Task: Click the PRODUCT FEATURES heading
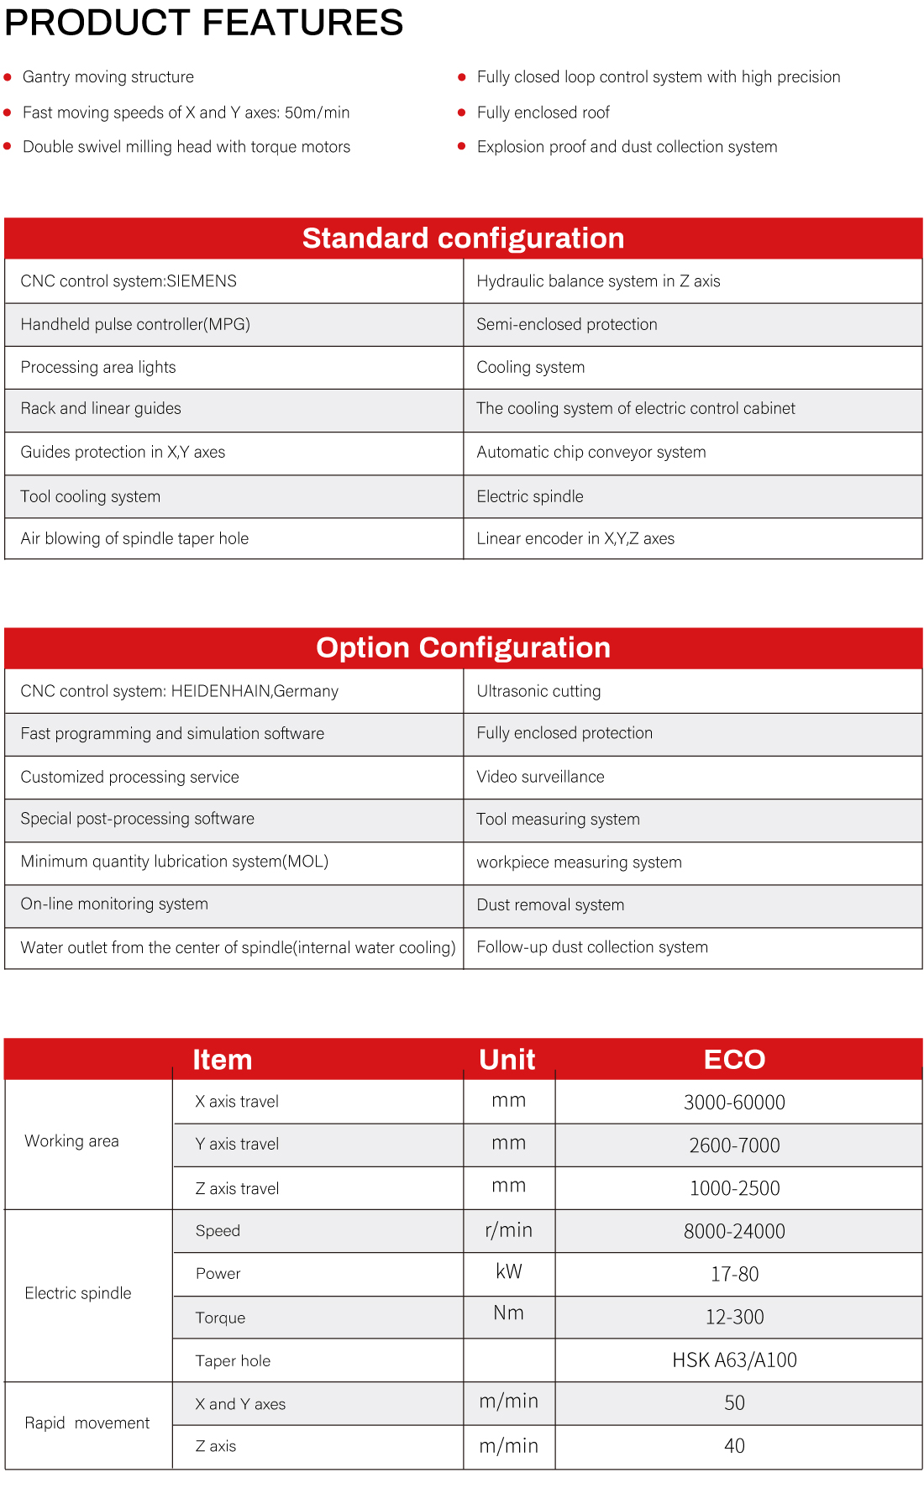click(204, 23)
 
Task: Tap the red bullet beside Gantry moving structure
click(8, 77)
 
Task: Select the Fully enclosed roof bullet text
click(543, 113)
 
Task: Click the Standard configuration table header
click(463, 238)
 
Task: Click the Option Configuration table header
click(463, 648)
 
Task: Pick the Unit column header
click(507, 1060)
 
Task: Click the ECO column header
click(734, 1060)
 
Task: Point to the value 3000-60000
click(734, 1103)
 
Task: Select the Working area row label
click(71, 1141)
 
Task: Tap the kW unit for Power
click(509, 1272)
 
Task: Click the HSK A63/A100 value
click(734, 1360)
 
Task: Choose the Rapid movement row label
click(87, 1423)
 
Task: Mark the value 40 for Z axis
click(734, 1446)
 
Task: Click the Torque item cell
click(220, 1318)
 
